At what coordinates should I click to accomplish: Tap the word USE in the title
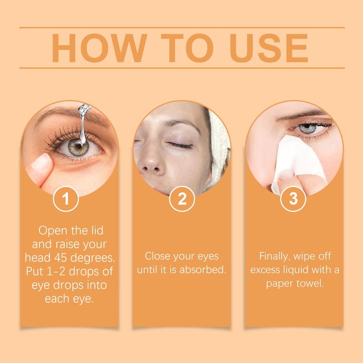pos(264,48)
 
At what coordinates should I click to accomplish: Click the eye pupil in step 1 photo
pos(79,146)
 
